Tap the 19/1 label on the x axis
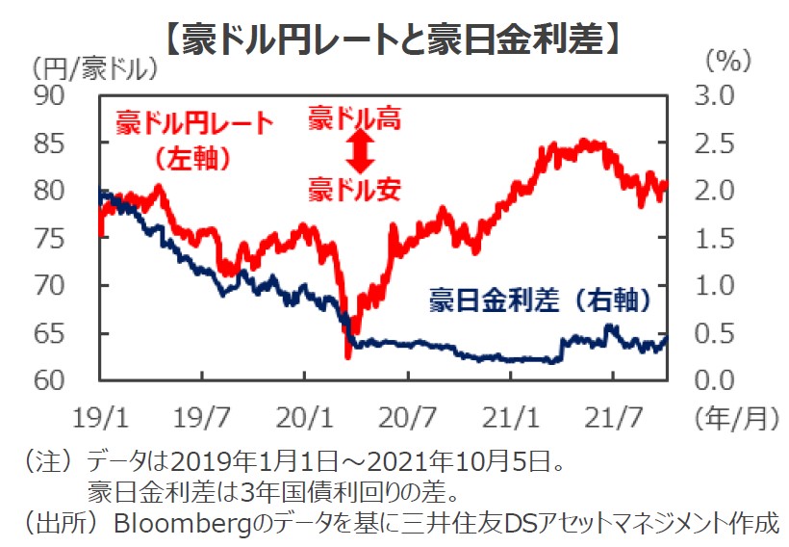99,419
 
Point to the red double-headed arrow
358,150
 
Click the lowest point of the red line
347,357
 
